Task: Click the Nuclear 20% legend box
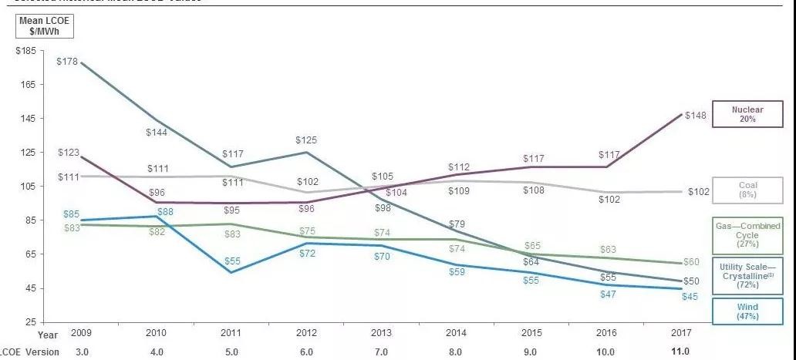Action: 747,115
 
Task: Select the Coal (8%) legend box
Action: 747,190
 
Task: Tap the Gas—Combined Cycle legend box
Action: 747,233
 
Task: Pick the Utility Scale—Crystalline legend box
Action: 747,274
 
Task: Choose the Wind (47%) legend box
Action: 747,311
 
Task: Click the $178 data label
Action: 69,61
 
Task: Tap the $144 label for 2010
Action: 157,133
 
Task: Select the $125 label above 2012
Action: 306,140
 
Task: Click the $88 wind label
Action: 165,212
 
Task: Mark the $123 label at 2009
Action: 69,153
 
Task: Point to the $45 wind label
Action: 690,297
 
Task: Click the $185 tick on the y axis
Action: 25,50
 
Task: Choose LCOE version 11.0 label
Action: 680,352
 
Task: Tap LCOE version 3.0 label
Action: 81,352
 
